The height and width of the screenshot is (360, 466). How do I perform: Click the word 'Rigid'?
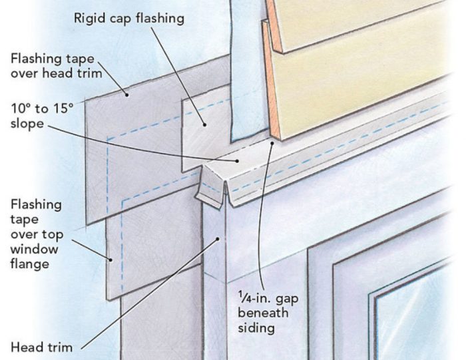click(x=92, y=18)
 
